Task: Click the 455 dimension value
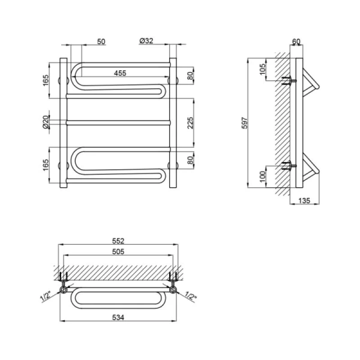[120, 73]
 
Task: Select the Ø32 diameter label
[146, 41]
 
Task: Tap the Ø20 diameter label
[46, 122]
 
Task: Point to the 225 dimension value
[191, 123]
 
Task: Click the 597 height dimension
[245, 123]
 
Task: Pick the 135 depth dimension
[304, 200]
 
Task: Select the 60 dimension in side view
[296, 41]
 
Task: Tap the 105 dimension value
[262, 69]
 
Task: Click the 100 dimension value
[262, 176]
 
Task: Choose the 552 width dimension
[118, 241]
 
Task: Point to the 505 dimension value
[118, 251]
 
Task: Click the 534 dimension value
[118, 317]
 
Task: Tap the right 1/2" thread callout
[191, 296]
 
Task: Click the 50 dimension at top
[101, 41]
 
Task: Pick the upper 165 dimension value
[46, 80]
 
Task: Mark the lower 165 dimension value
[46, 164]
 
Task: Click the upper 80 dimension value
[190, 76]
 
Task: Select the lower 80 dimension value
[190, 160]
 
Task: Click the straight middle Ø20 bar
[118, 122]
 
